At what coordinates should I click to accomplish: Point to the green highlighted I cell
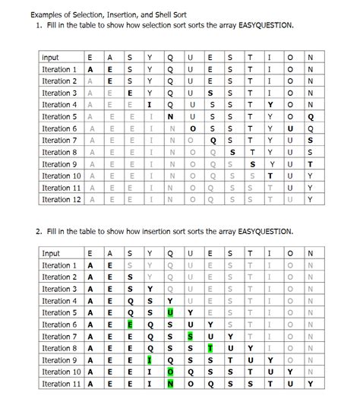coord(150,360)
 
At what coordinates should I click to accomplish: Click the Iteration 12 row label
coord(60,200)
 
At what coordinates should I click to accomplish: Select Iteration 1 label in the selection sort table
coord(60,69)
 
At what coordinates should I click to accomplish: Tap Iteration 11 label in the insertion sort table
coord(60,384)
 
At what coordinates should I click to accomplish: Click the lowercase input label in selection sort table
coord(51,58)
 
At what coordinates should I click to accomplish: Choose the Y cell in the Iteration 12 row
coord(310,200)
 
